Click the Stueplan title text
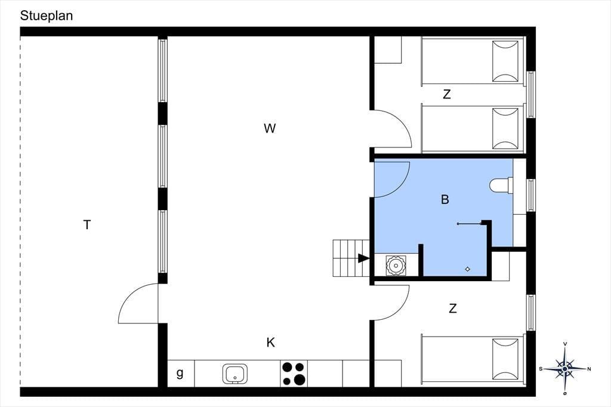[47, 16]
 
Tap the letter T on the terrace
[87, 225]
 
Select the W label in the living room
[270, 128]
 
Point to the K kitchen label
[270, 343]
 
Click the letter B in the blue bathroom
[445, 199]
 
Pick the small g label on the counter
[180, 373]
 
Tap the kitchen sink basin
[235, 374]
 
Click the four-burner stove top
[294, 374]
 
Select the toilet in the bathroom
[501, 186]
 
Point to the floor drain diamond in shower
[468, 269]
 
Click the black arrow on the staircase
[363, 258]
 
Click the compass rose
[565, 368]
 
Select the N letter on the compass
[589, 369]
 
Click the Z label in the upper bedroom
[447, 94]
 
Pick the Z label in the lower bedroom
[452, 309]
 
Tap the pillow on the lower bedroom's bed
[505, 359]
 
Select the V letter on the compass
[565, 344]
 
